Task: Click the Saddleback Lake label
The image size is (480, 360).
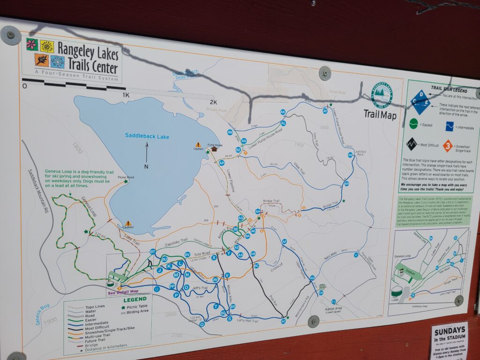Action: (147, 136)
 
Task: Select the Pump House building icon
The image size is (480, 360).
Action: (214, 149)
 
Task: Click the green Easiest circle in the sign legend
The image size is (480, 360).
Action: (413, 124)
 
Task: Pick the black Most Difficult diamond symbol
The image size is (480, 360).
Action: (412, 143)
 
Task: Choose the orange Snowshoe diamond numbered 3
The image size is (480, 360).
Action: (448, 145)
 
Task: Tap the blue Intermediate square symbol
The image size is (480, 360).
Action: (450, 126)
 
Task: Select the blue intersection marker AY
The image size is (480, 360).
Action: (325, 111)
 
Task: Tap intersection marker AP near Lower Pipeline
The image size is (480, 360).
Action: (221, 163)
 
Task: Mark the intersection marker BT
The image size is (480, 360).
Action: (152, 252)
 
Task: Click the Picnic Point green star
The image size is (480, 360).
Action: (126, 181)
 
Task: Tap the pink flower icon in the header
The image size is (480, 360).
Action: (32, 45)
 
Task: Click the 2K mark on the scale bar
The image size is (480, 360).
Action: (213, 102)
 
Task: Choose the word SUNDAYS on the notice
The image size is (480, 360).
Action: (449, 330)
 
